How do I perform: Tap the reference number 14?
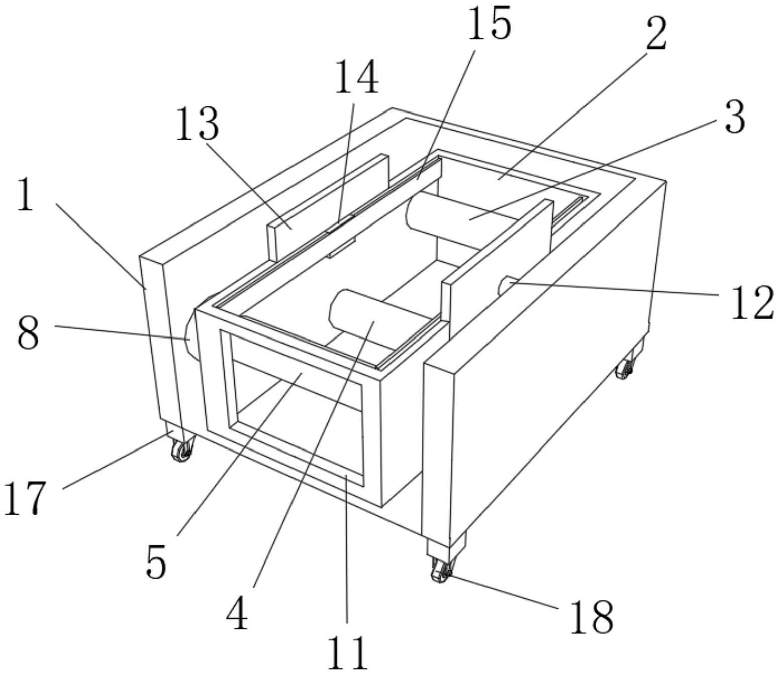click(x=356, y=77)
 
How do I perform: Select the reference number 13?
click(x=197, y=124)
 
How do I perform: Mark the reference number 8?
click(x=28, y=333)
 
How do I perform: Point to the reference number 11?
click(x=347, y=652)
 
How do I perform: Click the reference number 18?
click(x=591, y=616)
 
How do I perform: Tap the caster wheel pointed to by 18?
click(x=440, y=571)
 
